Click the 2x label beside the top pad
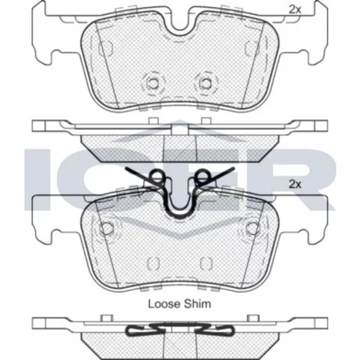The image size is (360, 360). click(294, 10)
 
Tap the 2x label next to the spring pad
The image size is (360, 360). click(294, 184)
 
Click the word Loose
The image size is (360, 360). click(164, 304)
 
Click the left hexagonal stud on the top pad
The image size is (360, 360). click(153, 84)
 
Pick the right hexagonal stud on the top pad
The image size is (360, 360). click(205, 84)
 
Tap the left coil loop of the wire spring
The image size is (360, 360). click(157, 177)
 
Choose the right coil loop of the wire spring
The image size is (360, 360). click(202, 177)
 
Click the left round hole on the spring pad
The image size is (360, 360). click(107, 228)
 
